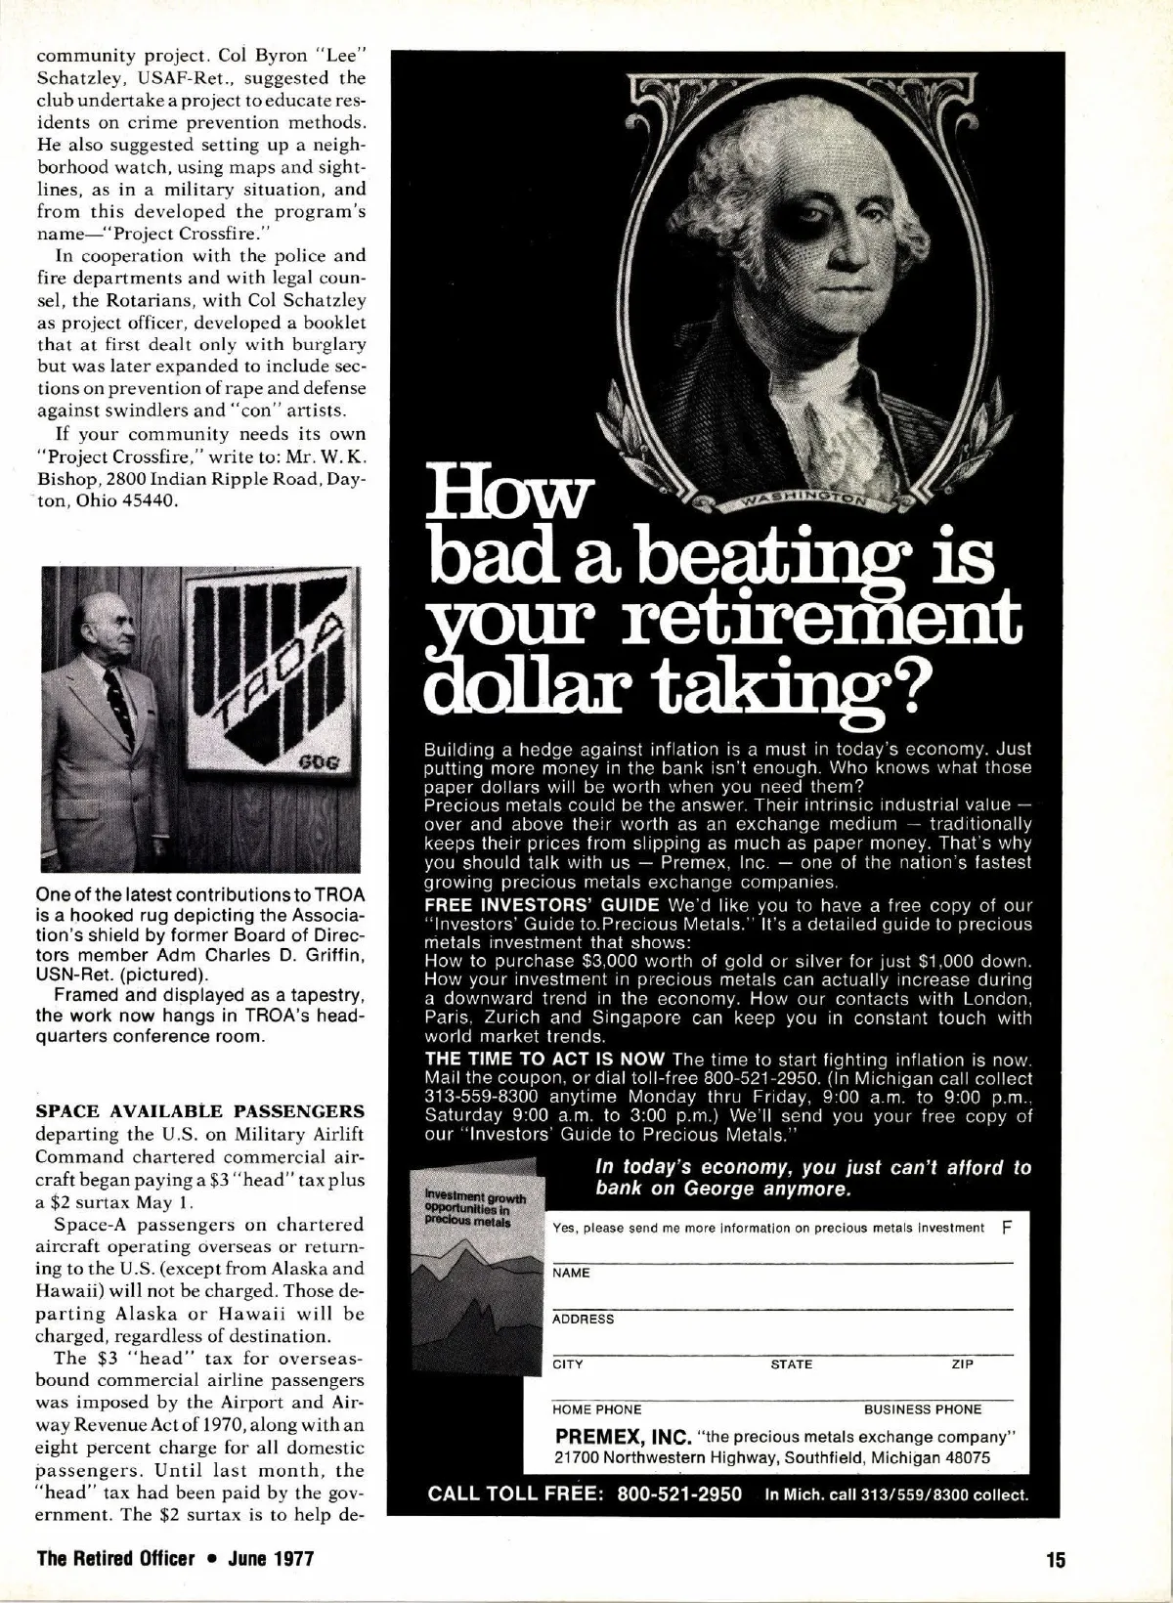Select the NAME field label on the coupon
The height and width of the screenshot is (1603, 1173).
(572, 1273)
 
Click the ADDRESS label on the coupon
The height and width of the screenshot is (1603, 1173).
(584, 1319)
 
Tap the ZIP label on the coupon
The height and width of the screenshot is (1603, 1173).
(962, 1365)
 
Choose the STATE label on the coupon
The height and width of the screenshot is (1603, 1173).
(791, 1365)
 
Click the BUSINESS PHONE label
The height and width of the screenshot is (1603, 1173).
(923, 1409)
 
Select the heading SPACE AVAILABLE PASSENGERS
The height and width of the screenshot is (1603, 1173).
(199, 1111)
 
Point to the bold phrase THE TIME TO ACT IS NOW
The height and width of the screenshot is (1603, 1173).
(544, 1060)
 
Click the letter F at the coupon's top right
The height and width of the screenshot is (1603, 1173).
(1007, 1227)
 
